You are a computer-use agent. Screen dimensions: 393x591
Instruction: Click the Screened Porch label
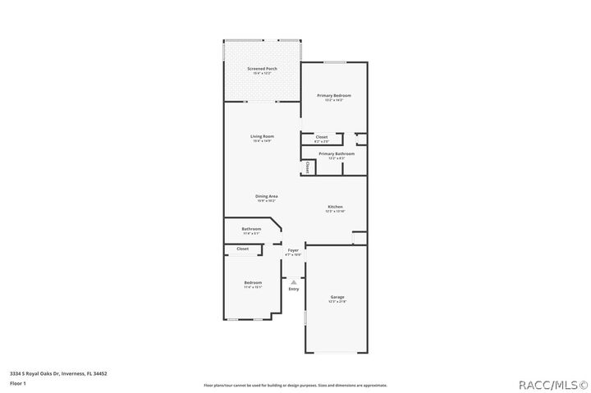[262, 69]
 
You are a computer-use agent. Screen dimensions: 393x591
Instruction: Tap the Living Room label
[262, 136]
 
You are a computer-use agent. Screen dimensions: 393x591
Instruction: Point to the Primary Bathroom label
[337, 153]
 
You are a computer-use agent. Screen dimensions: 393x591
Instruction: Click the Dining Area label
[267, 196]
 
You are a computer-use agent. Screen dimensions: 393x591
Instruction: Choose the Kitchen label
[335, 207]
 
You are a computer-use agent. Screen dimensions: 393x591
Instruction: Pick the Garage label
[337, 296]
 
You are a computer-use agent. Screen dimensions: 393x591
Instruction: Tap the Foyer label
[293, 249]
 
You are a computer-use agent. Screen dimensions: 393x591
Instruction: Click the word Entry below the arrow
[293, 289]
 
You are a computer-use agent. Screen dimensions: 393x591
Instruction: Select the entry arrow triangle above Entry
[293, 281]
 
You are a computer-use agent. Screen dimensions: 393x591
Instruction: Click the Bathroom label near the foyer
[251, 229]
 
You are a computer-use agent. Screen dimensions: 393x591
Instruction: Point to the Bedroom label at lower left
[253, 282]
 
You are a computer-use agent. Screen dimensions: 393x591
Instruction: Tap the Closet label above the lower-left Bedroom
[243, 249]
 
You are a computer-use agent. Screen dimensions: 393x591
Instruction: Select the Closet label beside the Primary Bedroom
[321, 137]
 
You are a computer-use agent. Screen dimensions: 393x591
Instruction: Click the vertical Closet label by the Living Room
[308, 167]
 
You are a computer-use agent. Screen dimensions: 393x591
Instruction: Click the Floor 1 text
[17, 383]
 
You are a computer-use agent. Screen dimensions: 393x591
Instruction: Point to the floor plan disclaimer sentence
[295, 385]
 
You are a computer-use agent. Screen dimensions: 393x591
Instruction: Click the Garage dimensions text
[337, 302]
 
